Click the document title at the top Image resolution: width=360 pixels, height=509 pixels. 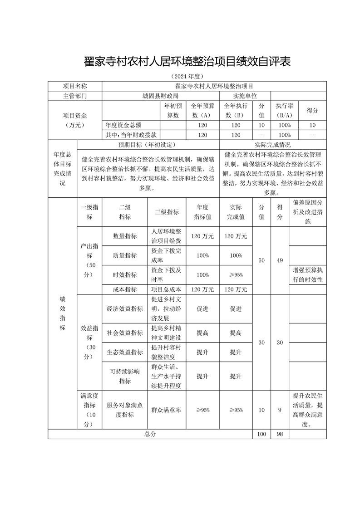tap(187, 62)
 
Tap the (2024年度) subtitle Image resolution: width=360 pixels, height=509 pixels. tap(187, 76)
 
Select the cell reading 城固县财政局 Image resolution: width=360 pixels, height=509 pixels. tap(160, 96)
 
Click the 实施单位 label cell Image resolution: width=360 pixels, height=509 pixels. tap(245, 96)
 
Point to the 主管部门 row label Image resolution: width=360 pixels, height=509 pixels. tap(75, 96)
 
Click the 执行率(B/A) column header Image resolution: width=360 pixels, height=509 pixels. tap(284, 110)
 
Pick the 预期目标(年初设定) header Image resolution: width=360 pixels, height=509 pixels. tap(148, 145)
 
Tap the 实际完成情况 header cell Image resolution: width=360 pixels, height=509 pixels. tap(272, 145)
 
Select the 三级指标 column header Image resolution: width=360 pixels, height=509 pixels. tap(167, 212)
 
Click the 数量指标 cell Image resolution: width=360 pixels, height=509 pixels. tap(125, 236)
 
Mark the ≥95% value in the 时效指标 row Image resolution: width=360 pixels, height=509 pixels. tap(236, 274)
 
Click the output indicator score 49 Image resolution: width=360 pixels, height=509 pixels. tap(280, 260)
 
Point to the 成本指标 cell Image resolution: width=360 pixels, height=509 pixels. tap(125, 289)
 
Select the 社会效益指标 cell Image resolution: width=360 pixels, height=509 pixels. tap(125, 333)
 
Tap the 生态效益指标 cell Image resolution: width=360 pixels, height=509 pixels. tap(125, 352)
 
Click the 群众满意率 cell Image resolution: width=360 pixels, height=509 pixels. tap(167, 410)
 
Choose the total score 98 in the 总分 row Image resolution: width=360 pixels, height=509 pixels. tap(280, 434)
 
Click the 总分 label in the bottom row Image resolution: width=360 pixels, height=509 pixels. tap(150, 434)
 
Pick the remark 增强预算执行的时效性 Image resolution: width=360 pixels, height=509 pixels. tap(307, 274)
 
